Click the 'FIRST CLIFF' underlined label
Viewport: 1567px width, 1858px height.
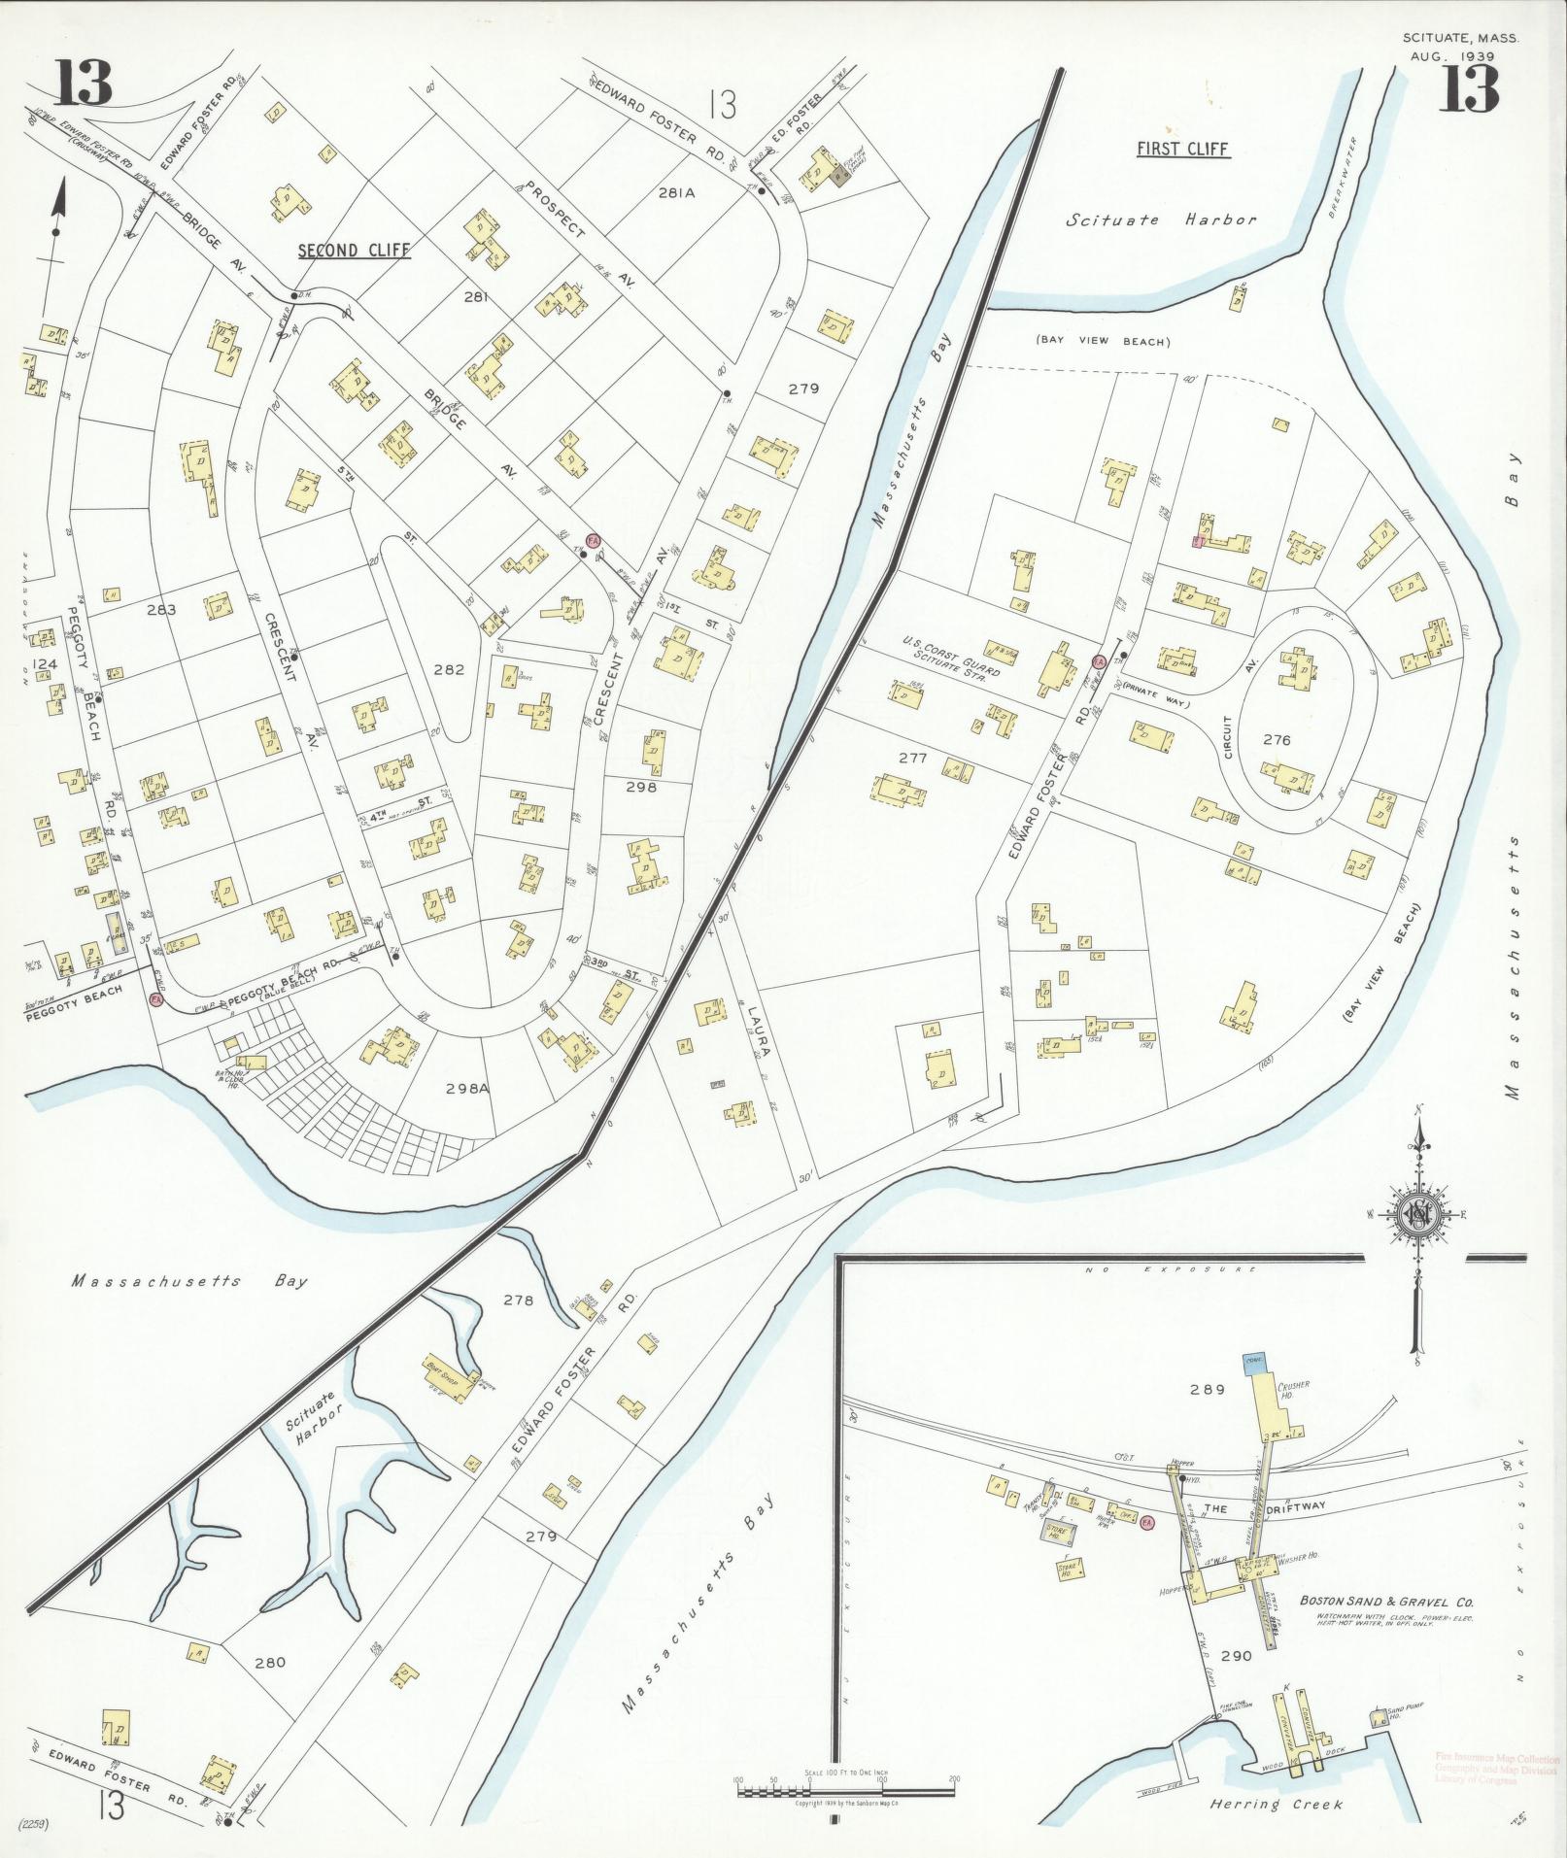tap(1182, 150)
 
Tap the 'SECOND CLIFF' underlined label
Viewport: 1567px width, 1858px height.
tap(354, 251)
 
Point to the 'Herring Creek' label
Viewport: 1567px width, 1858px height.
tap(1276, 1805)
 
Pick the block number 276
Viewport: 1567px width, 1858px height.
tap(1277, 739)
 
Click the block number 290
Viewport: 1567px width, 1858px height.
tap(1236, 1657)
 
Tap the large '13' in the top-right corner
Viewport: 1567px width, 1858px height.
tap(1469, 89)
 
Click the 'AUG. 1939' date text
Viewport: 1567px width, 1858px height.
tap(1452, 56)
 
